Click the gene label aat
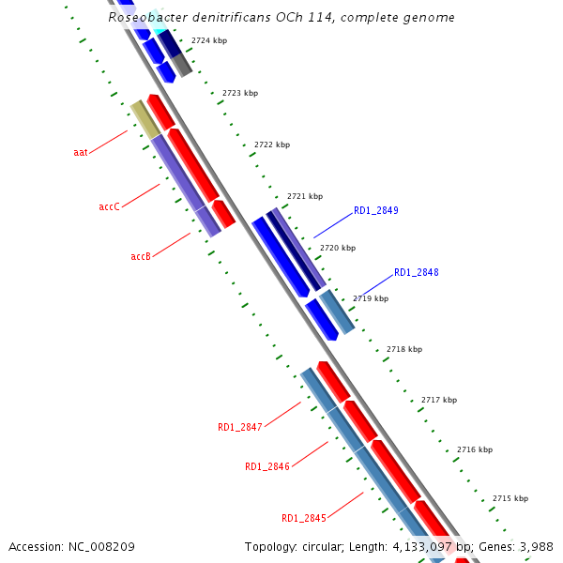pyautogui.click(x=81, y=152)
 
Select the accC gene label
pyautogui.click(x=109, y=206)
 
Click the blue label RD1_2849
pyautogui.click(x=375, y=211)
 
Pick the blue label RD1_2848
pyautogui.click(x=416, y=273)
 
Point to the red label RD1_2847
pyautogui.click(x=240, y=428)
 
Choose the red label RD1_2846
pyautogui.click(x=267, y=466)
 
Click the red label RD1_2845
pyautogui.click(x=304, y=518)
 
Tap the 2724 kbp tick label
pyautogui.click(x=208, y=41)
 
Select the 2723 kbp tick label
pyautogui.click(x=240, y=94)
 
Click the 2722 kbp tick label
pyautogui.click(x=272, y=145)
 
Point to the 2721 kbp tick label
pyautogui.click(x=305, y=197)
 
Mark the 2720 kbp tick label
pyautogui.click(x=338, y=249)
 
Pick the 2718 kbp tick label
pyautogui.click(x=404, y=350)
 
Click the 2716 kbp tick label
pyautogui.click(x=475, y=450)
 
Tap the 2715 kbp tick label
pyautogui.click(x=510, y=499)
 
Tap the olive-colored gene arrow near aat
pyautogui.click(x=145, y=119)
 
